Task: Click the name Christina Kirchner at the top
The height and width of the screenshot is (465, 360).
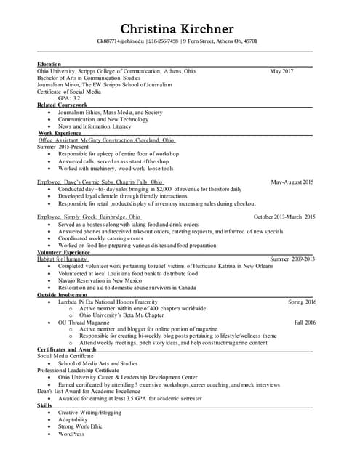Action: (177, 29)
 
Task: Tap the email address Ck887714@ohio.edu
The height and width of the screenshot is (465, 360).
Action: (121, 41)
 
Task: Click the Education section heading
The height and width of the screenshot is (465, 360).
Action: (49, 65)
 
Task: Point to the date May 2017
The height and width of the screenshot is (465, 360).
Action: (281, 71)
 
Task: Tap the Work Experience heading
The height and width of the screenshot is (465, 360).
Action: (60, 133)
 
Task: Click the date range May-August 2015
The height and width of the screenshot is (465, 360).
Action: (292, 182)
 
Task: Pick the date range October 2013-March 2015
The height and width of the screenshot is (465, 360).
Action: (284, 217)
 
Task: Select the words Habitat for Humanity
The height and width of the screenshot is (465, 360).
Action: (63, 259)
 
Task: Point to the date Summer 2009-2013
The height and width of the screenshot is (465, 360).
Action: (292, 259)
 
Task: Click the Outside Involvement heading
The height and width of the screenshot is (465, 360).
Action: (66, 294)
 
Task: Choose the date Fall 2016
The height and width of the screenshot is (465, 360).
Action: (305, 322)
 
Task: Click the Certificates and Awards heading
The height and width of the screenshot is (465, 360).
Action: (67, 349)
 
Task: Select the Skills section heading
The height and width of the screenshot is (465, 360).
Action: (45, 405)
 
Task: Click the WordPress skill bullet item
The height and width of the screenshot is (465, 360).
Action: (71, 434)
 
